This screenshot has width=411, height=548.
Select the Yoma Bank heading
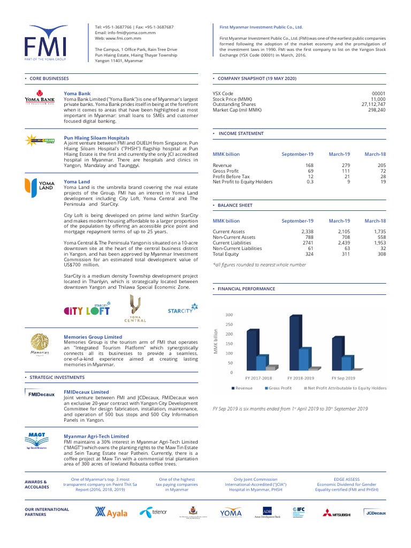tap(77, 93)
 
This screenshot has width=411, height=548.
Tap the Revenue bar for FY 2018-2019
tap(294, 342)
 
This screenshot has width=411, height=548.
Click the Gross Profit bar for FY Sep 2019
tap(346, 363)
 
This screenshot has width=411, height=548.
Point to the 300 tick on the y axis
tap(229, 315)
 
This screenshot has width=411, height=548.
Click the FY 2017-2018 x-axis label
tap(258, 378)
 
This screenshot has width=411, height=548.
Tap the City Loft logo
tap(87, 309)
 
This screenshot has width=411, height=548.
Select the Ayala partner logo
tap(111, 513)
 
